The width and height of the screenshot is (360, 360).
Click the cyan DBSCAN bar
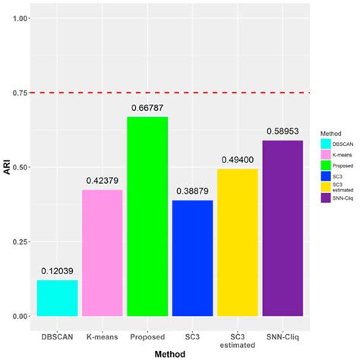pos(57,298)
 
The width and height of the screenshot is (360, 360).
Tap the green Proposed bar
pos(147,216)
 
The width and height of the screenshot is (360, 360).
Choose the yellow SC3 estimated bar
pos(238,242)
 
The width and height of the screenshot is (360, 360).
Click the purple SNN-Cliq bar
pos(283,228)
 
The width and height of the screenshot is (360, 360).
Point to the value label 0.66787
pos(147,108)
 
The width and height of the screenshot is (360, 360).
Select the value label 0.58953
pos(283,131)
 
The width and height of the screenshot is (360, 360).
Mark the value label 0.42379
pos(102,181)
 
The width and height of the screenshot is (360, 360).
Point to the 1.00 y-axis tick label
pos(19,18)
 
